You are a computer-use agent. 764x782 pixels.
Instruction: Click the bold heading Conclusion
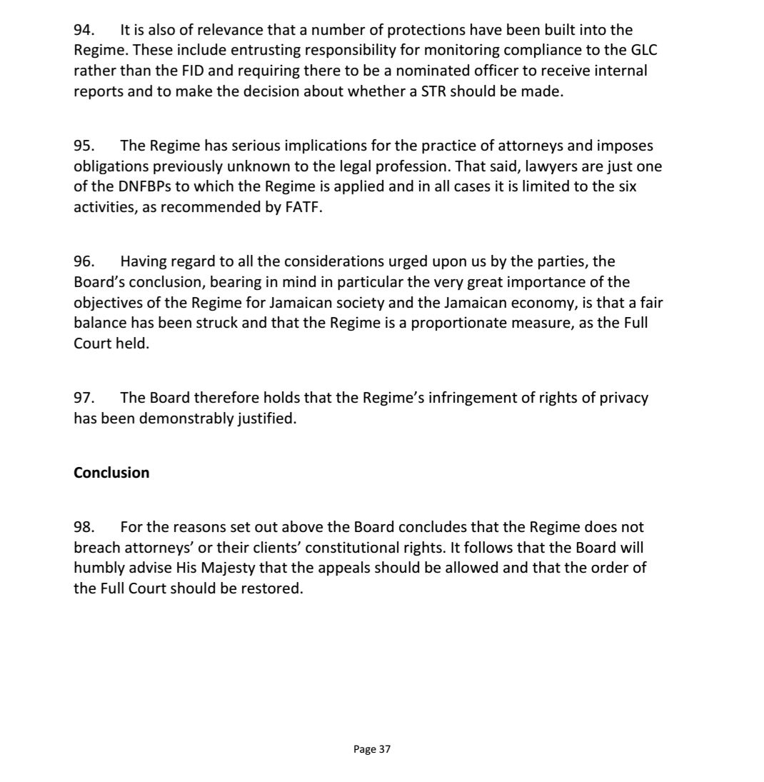[111, 473]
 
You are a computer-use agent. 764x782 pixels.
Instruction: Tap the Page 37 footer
[372, 749]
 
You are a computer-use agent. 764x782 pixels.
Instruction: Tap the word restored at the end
[273, 589]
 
